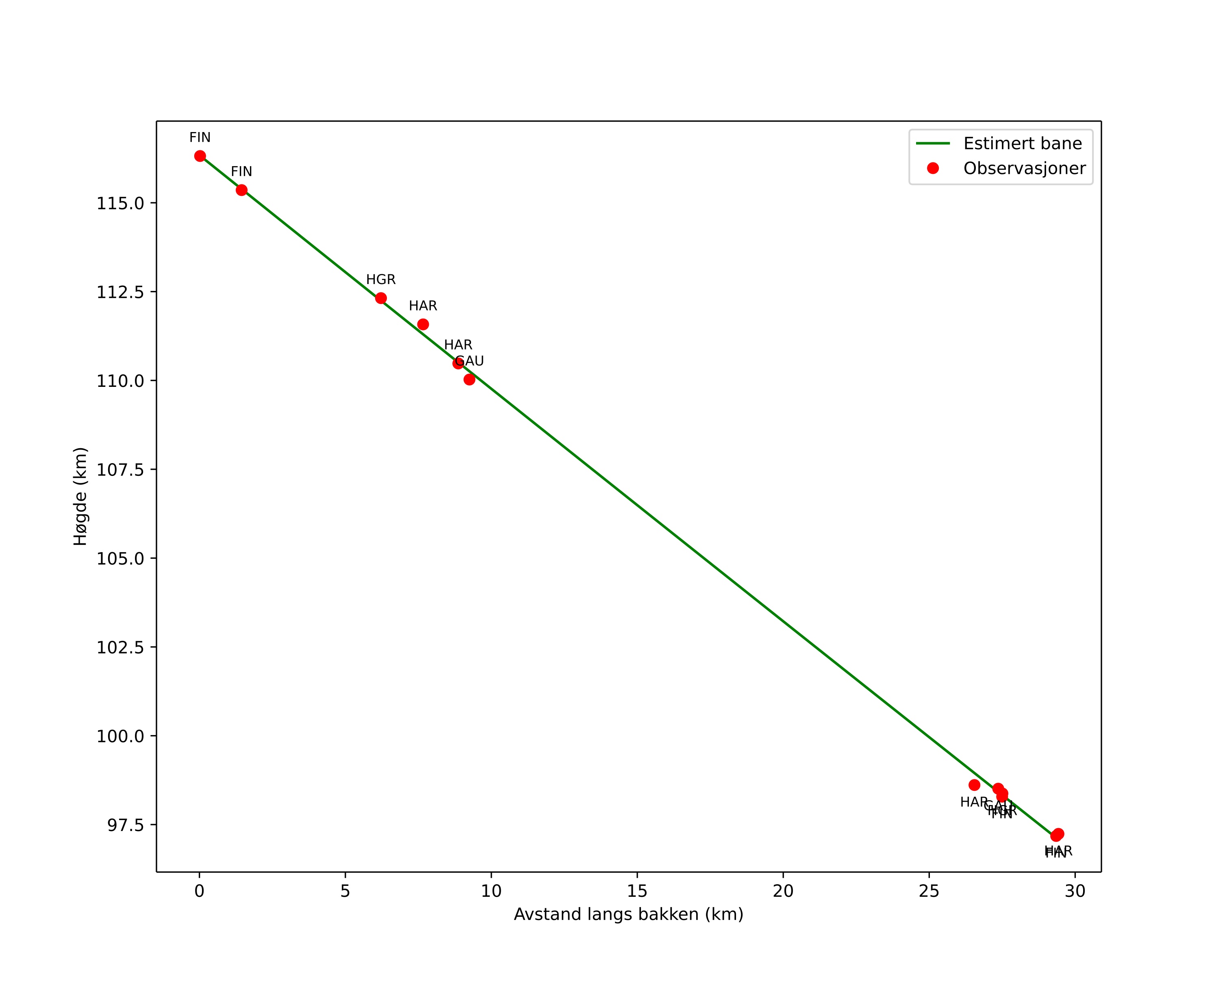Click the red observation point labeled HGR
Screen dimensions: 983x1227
coord(381,298)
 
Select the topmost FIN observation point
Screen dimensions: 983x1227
coord(200,156)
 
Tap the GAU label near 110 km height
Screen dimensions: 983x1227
coord(469,361)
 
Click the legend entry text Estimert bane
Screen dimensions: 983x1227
coord(1022,143)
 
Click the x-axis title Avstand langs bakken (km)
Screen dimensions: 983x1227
coord(628,914)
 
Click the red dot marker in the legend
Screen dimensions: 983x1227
coord(933,168)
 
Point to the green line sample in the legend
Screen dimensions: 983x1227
coord(933,143)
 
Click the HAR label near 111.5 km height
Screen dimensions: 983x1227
coord(423,306)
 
